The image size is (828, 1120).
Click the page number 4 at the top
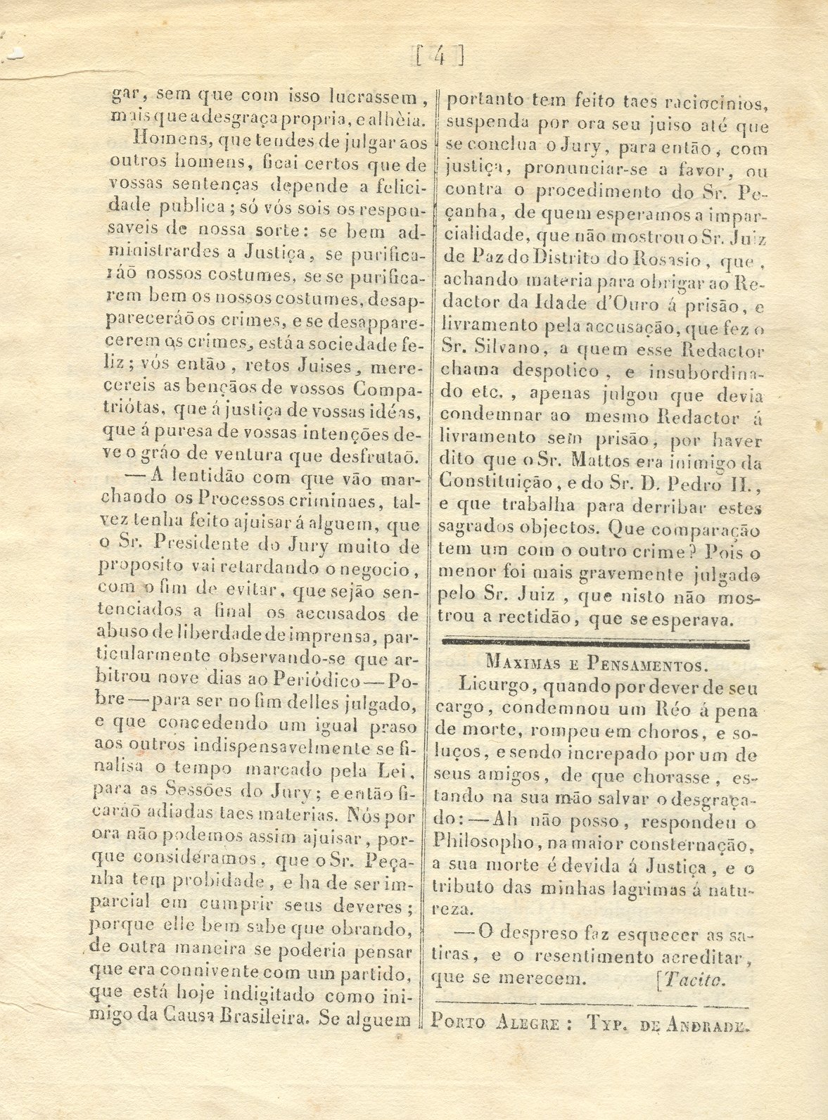(439, 55)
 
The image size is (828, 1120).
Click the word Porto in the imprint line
(459, 1023)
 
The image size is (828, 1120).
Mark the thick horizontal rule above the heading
(594, 642)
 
